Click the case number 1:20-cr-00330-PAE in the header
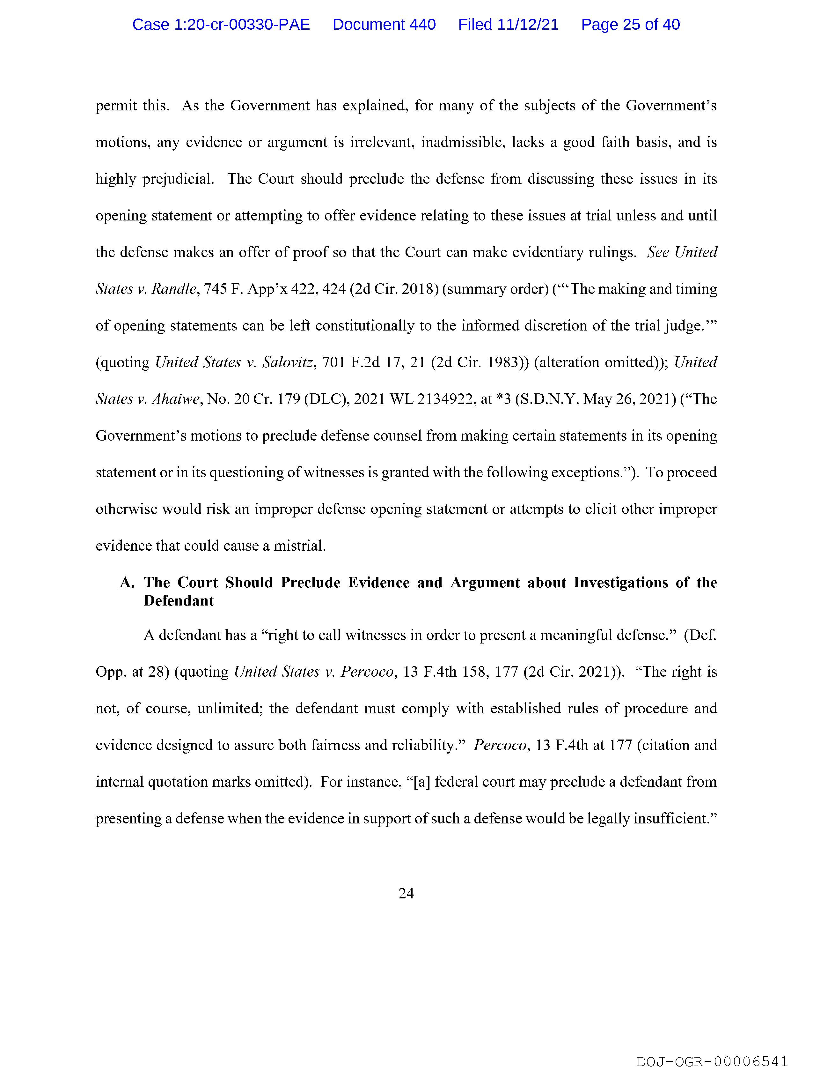(x=221, y=25)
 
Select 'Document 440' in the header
(x=384, y=25)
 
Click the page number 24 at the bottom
(x=406, y=893)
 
